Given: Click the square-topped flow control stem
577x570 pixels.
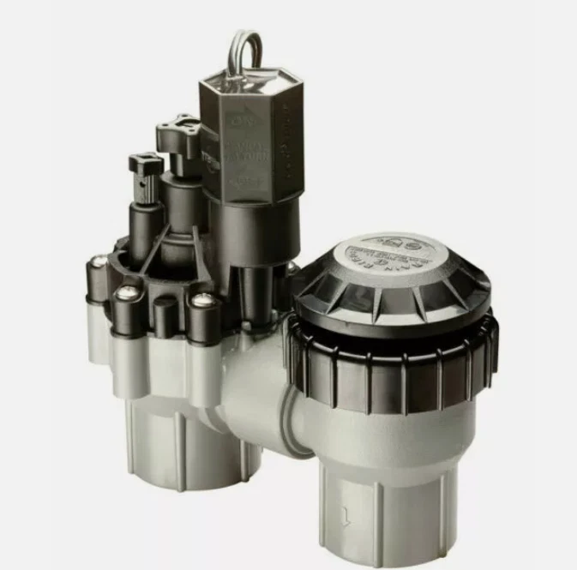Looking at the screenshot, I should [x=146, y=163].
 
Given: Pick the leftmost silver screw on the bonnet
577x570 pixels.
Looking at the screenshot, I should [x=100, y=261].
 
